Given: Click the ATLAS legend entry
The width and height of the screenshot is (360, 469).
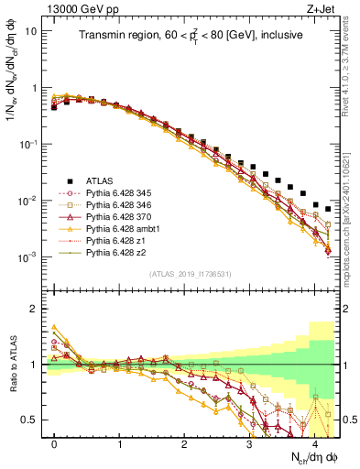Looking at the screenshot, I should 100,180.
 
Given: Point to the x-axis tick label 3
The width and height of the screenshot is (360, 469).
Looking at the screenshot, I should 250,444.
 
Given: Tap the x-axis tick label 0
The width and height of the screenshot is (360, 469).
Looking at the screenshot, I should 55,444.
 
